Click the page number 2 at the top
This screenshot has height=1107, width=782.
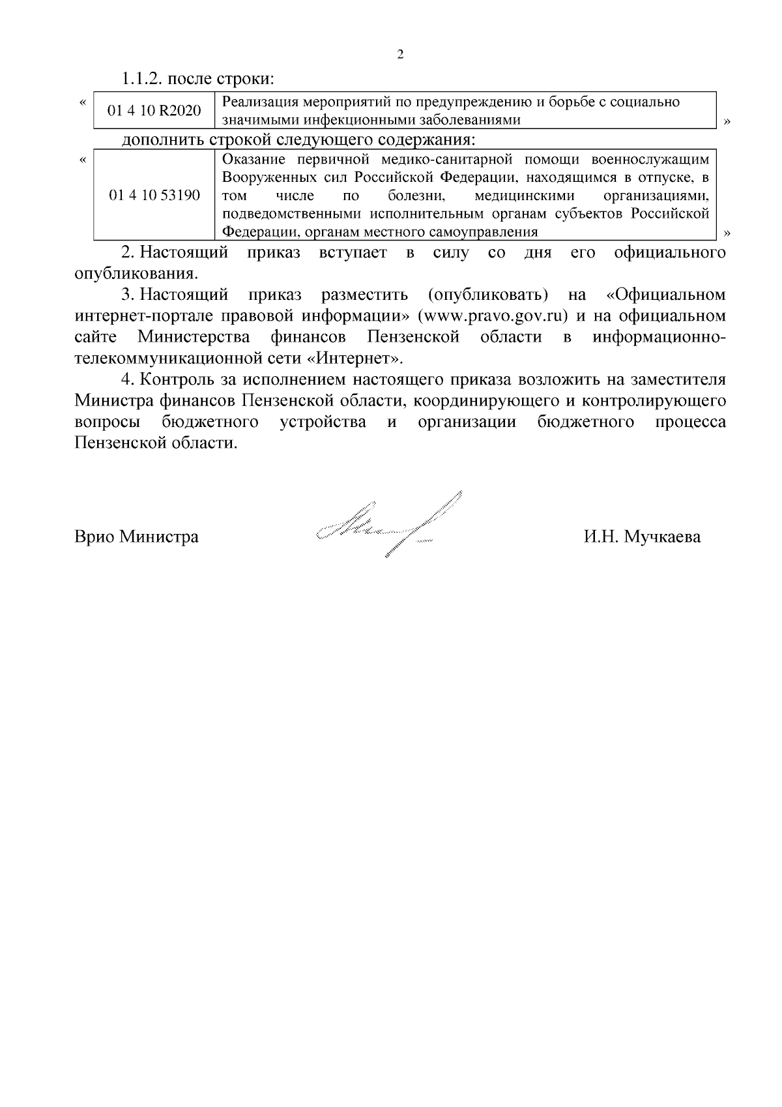(x=400, y=55)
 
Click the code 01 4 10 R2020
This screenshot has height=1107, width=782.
(x=154, y=111)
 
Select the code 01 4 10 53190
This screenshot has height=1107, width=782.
(x=154, y=195)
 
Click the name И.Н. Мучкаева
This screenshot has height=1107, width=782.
(x=642, y=537)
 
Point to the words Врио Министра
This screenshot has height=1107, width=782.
(x=137, y=537)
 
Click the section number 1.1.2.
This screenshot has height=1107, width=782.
(x=142, y=80)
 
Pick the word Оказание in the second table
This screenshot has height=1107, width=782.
(x=251, y=159)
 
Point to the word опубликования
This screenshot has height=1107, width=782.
(x=136, y=273)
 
